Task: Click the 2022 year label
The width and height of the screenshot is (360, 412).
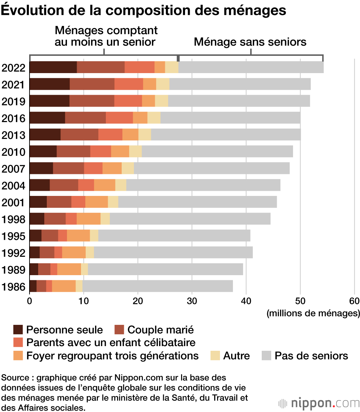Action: click(x=13, y=68)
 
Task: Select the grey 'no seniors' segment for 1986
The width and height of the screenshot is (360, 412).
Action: click(x=157, y=286)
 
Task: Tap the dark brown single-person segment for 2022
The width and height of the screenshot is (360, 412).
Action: click(x=53, y=67)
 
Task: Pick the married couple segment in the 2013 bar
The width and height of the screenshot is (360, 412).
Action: click(x=79, y=135)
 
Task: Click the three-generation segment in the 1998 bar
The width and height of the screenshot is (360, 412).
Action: click(x=88, y=219)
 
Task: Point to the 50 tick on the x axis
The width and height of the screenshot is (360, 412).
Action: click(x=300, y=301)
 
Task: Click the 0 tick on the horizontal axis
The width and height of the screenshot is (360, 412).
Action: click(x=30, y=301)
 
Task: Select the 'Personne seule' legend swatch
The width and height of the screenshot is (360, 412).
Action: click(x=18, y=330)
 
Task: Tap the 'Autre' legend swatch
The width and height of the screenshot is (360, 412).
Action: click(x=215, y=356)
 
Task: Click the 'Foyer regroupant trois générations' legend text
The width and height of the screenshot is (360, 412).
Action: click(x=112, y=356)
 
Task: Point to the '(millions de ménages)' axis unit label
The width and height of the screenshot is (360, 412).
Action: click(x=313, y=313)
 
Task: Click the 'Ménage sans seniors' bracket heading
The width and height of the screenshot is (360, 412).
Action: click(x=250, y=42)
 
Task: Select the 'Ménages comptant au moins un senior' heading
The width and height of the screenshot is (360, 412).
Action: click(x=105, y=36)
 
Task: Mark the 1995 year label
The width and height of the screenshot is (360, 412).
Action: click(x=13, y=236)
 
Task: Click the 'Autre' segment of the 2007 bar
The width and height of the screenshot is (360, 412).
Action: click(x=127, y=168)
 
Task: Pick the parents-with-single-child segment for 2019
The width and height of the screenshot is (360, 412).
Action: click(x=128, y=101)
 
